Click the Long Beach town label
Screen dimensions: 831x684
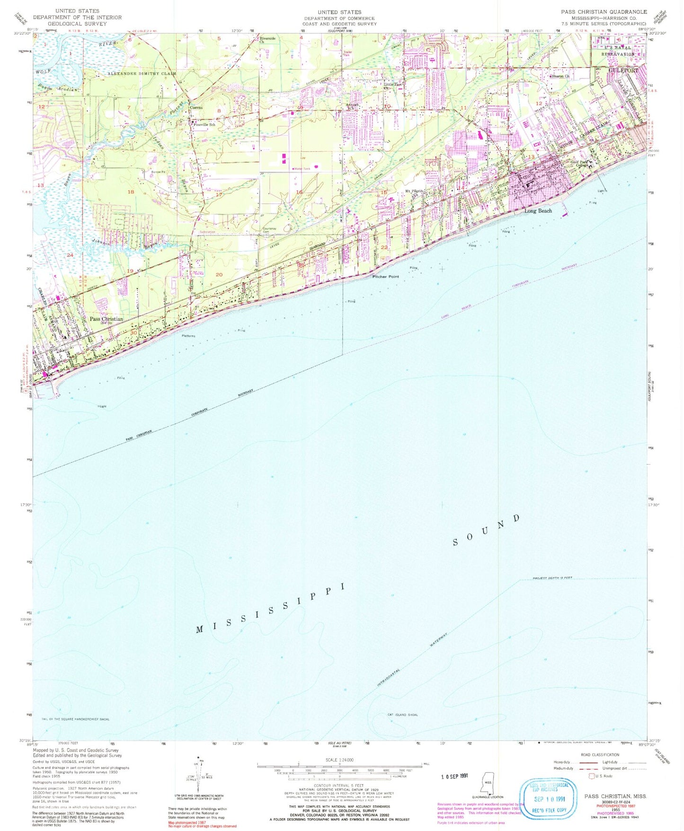click(538, 211)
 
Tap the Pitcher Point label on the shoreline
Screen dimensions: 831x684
click(385, 277)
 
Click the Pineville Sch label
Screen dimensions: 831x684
click(204, 125)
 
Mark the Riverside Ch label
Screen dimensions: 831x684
click(267, 40)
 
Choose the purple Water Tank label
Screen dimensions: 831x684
click(302, 169)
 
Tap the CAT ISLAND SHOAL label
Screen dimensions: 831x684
click(403, 715)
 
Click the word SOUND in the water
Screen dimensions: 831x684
click(486, 530)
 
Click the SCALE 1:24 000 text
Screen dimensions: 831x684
click(339, 760)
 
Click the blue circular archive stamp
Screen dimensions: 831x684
click(549, 798)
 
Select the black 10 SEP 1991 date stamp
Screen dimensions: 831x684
click(453, 776)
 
